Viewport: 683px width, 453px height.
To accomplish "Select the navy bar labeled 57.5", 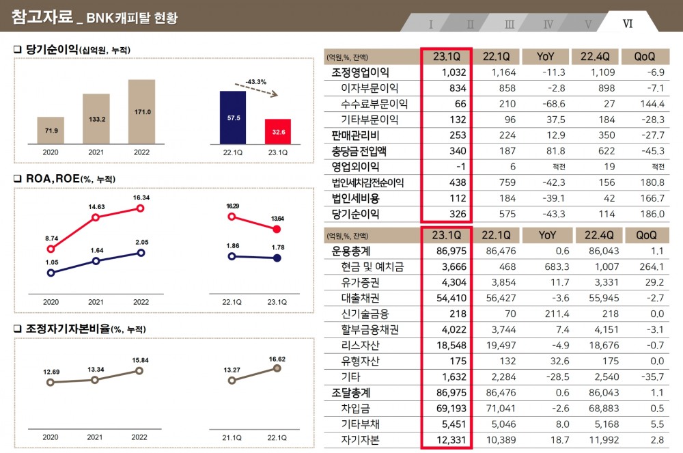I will [x=232, y=118].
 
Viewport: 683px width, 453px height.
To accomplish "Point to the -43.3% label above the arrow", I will [x=256, y=81].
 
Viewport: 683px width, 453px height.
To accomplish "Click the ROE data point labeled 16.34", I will [x=141, y=208].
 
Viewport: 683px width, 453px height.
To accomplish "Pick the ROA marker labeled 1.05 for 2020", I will [x=51, y=272].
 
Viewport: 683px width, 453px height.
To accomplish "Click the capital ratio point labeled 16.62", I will [x=277, y=368].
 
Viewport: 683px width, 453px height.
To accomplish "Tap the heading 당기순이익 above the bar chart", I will [x=52, y=50].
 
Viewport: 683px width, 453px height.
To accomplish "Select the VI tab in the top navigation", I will [x=628, y=23].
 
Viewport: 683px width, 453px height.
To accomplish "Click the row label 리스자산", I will [x=360, y=345].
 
